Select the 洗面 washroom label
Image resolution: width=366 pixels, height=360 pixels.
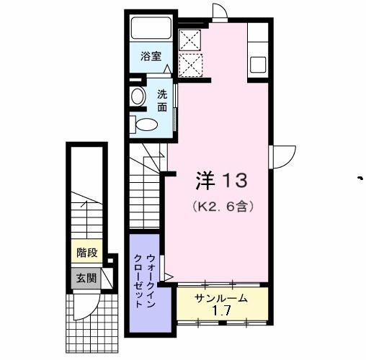162,99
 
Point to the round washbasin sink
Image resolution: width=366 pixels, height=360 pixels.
136,96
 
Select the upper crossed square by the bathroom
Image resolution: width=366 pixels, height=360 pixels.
189,38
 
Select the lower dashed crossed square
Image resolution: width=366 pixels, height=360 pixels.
189,65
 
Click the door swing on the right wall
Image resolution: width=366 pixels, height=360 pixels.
283,154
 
